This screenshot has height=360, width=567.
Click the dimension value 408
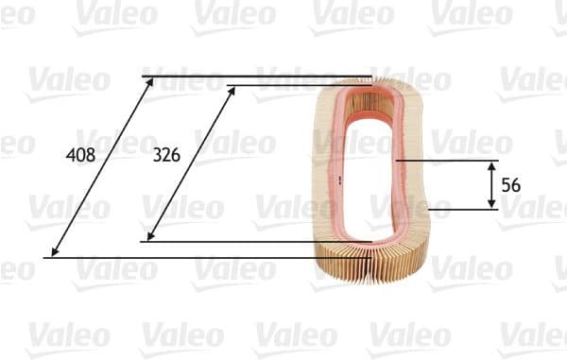tap(81, 155)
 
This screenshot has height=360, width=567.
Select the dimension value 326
tap(166, 155)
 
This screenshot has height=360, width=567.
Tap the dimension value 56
tap(511, 185)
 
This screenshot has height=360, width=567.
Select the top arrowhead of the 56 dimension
tap(490, 165)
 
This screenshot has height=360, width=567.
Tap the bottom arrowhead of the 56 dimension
tap(490, 204)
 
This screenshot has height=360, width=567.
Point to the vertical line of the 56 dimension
tap(490, 185)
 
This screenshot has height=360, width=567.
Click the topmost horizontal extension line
tap(255, 76)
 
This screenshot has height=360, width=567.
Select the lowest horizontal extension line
tap(189, 257)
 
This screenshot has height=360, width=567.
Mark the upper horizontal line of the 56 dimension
tap(444, 161)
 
